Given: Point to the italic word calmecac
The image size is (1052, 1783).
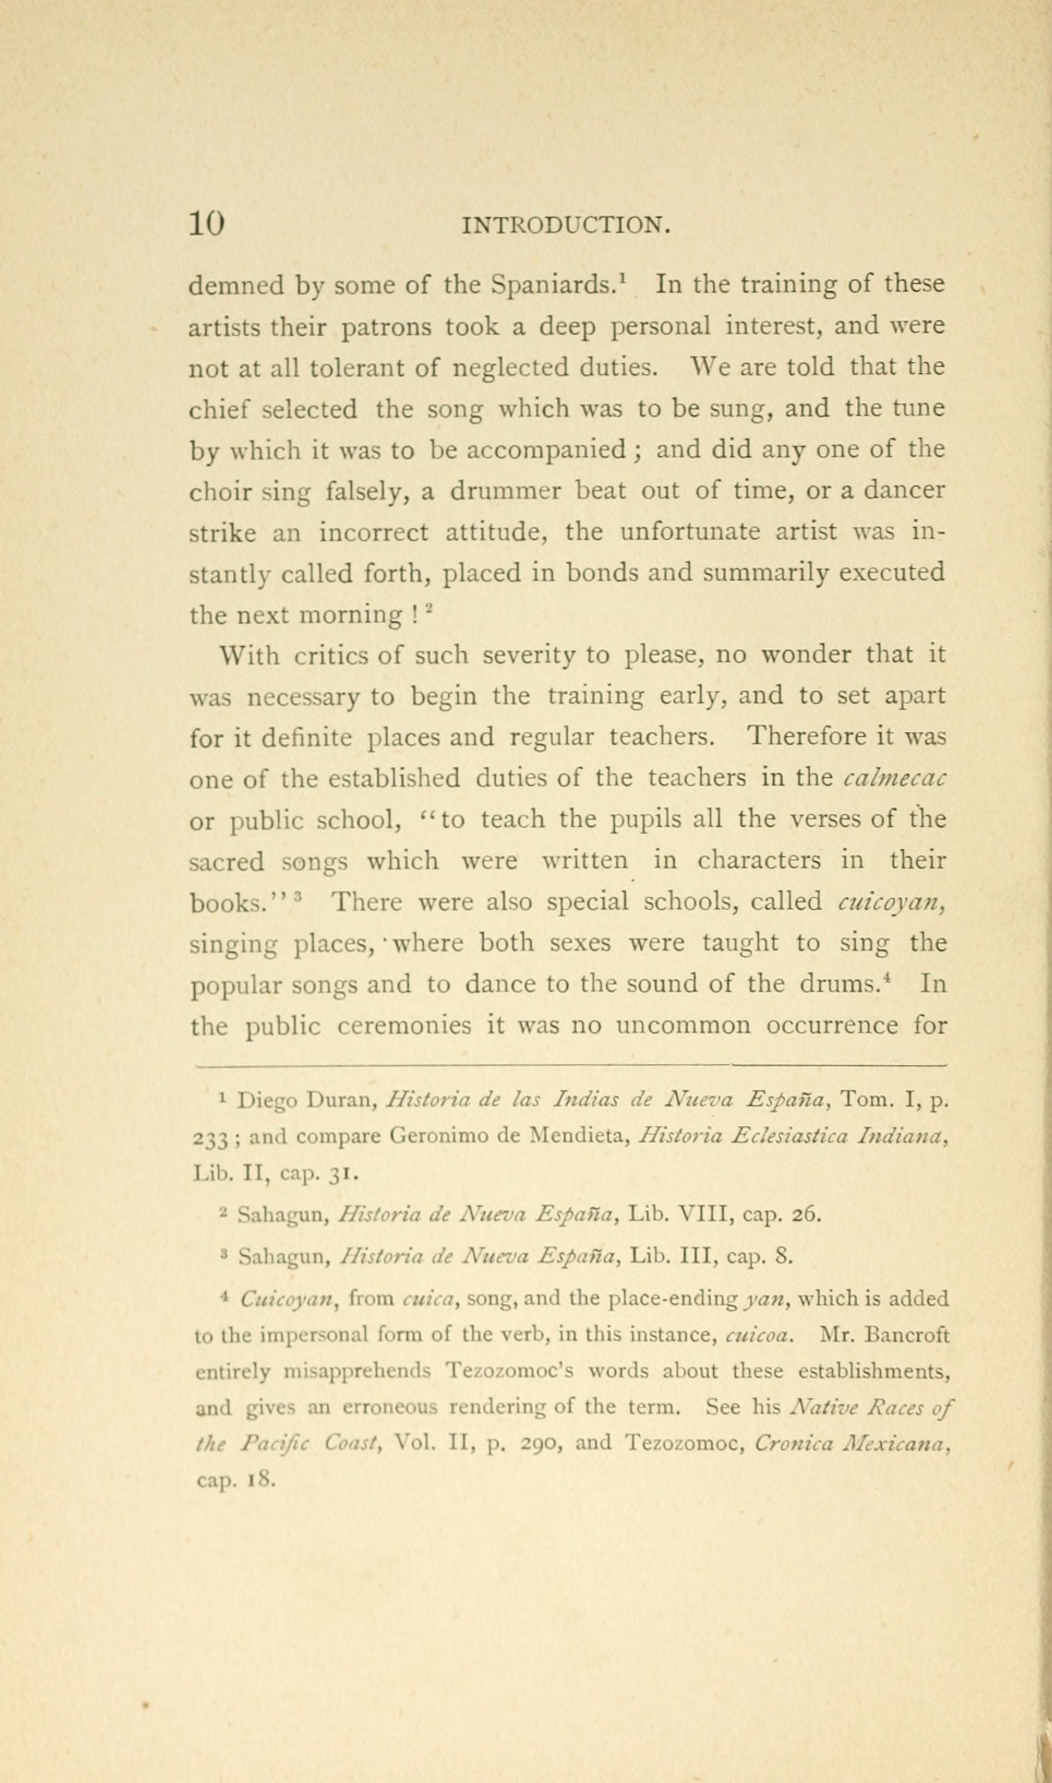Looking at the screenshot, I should click(895, 779).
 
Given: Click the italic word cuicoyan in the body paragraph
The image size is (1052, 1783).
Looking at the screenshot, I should click(893, 902).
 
